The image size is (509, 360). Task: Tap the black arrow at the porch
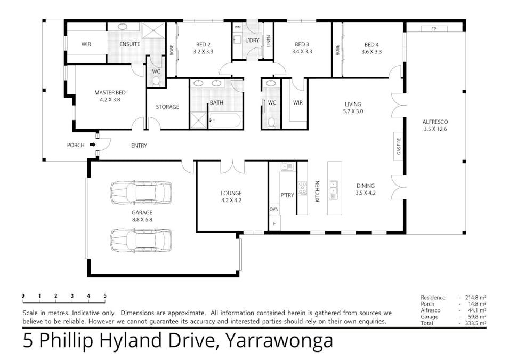(x=92, y=145)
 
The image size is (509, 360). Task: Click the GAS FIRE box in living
(x=398, y=145)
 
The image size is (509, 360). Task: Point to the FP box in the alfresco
(x=433, y=29)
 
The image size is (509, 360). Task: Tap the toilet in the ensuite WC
(x=156, y=81)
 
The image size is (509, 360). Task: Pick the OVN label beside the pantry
(x=274, y=209)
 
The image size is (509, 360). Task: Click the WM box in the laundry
(x=237, y=27)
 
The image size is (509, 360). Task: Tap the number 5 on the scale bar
(x=105, y=295)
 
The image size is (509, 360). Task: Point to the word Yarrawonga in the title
(x=280, y=340)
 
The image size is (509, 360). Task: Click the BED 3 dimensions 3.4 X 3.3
(x=302, y=52)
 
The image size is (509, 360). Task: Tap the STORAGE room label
(x=167, y=107)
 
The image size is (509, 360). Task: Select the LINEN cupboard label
(x=269, y=41)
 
